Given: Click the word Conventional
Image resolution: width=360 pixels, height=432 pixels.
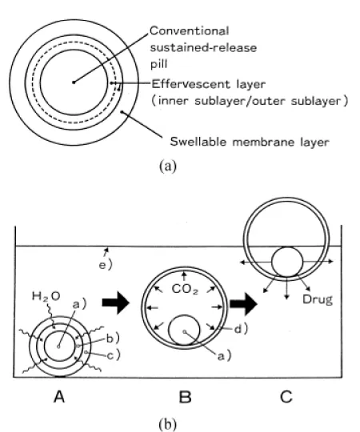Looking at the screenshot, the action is point(190,31).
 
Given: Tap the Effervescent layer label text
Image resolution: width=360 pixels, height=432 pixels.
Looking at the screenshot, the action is point(209,84).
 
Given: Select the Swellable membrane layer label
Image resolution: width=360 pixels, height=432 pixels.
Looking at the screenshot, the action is point(250,142).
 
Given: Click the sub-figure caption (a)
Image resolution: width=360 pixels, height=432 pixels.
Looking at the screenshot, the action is point(168,166).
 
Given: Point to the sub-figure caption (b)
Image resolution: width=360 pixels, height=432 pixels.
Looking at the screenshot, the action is point(168,424).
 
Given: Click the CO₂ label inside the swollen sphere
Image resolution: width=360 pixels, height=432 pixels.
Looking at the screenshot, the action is point(185,290).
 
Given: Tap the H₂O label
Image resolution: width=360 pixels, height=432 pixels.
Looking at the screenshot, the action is point(46,297).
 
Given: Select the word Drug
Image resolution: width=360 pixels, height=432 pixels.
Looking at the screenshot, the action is point(318,299).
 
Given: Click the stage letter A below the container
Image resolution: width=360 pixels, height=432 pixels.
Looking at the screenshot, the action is point(59,397).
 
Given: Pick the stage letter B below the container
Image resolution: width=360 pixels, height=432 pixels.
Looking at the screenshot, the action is point(185,397).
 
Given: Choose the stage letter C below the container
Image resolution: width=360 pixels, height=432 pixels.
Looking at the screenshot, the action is point(286,397).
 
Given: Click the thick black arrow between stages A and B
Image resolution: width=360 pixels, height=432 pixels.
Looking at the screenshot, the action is point(116,302).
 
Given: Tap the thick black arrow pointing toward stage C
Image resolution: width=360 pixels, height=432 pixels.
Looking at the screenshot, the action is point(244,304).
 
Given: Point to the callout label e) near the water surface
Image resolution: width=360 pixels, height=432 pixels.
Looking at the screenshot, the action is point(106,265).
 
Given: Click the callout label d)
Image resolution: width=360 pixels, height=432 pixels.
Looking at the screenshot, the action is point(242,329).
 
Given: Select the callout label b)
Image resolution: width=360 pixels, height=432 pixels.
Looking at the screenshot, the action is point(113,338).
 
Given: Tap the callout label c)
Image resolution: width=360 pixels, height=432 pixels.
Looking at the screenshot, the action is point(114,356).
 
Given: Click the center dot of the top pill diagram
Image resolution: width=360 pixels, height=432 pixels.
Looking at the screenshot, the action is point(74,82).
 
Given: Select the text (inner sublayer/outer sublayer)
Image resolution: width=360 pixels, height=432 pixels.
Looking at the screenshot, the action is point(250,101).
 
